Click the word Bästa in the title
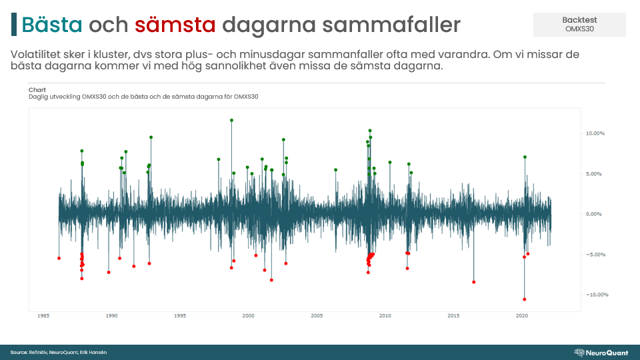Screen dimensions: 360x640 (51, 25)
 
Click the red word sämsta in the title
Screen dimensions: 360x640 (175, 25)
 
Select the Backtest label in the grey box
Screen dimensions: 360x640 (579, 20)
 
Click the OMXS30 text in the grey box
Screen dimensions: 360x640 (579, 29)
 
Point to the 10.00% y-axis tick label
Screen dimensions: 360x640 (595, 133)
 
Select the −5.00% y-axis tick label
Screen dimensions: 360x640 (595, 255)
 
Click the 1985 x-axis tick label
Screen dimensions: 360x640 (43, 315)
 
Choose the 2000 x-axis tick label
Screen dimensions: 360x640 (249, 315)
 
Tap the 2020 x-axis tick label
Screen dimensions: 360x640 (522, 315)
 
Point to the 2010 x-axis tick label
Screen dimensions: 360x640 (385, 315)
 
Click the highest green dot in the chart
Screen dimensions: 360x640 (231, 121)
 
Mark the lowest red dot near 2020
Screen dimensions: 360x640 (525, 299)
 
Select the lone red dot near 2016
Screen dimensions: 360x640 (474, 282)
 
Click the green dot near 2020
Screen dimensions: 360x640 (525, 157)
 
